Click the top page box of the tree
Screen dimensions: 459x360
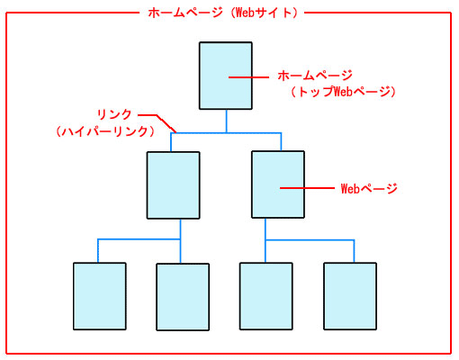226,76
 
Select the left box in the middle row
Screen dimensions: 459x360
174,185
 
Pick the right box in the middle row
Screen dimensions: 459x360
278,184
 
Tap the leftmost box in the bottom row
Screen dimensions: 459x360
100,296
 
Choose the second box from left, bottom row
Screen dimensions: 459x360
183,297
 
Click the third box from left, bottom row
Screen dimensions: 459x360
266,296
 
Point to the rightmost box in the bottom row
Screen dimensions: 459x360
350,296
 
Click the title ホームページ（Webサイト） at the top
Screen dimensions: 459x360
222,13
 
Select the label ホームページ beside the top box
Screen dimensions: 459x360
315,76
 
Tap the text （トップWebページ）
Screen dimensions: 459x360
343,92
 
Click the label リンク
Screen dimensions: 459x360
114,114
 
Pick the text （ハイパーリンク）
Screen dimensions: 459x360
105,131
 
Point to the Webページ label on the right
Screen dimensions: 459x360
369,189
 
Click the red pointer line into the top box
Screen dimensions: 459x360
248,77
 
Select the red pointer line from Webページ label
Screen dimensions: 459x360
307,188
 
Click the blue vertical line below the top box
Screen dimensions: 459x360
226,121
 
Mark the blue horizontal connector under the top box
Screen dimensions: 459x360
226,133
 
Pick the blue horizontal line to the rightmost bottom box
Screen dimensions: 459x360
310,240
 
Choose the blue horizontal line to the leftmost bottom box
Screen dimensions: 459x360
139,239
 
